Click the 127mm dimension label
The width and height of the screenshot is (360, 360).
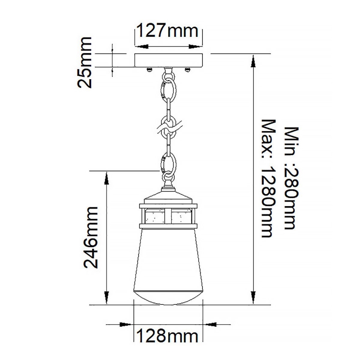(x=168, y=31)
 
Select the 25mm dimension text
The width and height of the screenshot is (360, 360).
(x=86, y=62)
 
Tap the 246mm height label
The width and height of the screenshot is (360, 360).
(x=90, y=237)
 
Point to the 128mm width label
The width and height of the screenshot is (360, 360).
(x=168, y=335)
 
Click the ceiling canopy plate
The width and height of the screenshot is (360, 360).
(x=168, y=60)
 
